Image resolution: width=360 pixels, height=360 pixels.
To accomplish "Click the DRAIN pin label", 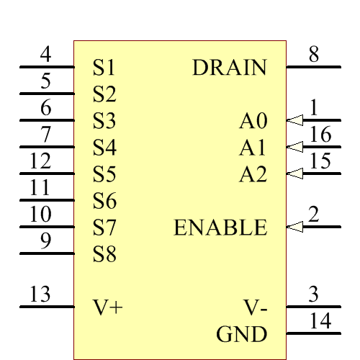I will point(230,68).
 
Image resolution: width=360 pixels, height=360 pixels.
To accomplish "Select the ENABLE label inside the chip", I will point(220,228).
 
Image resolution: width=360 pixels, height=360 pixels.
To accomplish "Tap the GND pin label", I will point(241,334).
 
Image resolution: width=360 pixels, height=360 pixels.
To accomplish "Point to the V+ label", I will point(108,307).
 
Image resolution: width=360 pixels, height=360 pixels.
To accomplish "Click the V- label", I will point(255,308).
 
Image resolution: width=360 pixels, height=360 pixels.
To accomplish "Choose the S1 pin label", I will point(104,68).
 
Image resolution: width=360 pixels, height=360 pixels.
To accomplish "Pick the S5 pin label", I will point(104,174).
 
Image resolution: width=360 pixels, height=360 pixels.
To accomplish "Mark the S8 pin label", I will point(104,254).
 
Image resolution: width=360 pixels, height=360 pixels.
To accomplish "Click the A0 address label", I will point(253,121).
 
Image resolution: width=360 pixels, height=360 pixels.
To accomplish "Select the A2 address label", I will point(253,174).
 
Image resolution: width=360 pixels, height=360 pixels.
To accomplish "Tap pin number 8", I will point(313,55).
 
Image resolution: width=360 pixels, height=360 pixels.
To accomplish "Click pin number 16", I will point(320,135).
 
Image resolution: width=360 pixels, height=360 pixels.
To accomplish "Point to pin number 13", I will point(40,294).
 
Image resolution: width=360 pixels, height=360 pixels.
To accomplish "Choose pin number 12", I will point(40,161).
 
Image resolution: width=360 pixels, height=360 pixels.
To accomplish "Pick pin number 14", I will point(320,321).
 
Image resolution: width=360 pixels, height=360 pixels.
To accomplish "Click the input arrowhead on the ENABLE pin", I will point(294,228).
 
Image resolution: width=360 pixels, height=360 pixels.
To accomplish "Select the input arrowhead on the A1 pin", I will point(294,147).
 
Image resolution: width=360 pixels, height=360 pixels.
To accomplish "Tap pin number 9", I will point(46,241).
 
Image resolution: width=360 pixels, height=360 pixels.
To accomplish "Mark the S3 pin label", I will point(104,121).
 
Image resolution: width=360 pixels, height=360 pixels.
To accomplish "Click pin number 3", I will point(313,294).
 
